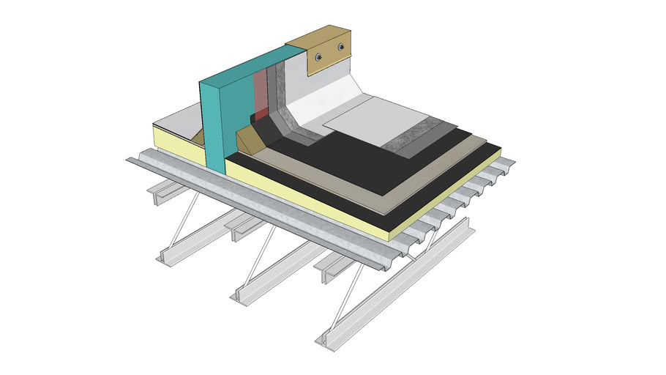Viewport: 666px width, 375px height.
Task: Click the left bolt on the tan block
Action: (x=318, y=56)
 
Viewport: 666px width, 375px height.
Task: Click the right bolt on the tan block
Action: (x=341, y=48)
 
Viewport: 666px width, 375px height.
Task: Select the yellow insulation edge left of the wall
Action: (x=176, y=143)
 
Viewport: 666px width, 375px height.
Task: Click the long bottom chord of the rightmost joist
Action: (x=395, y=293)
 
